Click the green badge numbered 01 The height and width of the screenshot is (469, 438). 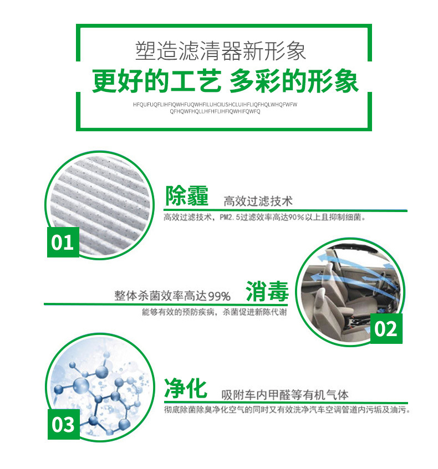click(62, 242)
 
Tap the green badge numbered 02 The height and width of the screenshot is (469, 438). click(386, 328)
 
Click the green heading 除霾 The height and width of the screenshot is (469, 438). click(187, 197)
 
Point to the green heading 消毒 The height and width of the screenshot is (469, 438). click(267, 291)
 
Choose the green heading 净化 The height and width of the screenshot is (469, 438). click(186, 389)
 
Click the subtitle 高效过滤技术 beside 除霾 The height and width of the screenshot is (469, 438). click(258, 200)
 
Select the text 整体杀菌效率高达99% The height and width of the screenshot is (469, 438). click(172, 296)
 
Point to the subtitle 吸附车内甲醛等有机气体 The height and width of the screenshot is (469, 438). click(285, 395)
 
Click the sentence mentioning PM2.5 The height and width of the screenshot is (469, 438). click(264, 218)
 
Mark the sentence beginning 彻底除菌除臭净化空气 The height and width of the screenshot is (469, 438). click(287, 410)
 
